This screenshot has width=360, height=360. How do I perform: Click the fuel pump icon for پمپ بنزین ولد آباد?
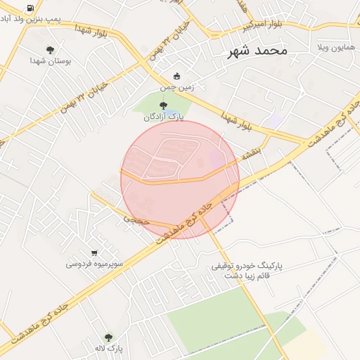(30, 8)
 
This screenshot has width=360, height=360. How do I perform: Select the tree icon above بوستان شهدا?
(50, 49)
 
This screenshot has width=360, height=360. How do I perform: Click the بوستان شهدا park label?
(50, 61)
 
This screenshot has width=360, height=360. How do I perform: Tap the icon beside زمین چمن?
(176, 77)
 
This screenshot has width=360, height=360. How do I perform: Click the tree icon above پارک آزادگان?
(164, 105)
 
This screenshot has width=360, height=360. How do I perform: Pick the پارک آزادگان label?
(163, 117)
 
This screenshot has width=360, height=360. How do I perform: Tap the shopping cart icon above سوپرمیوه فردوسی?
(94, 252)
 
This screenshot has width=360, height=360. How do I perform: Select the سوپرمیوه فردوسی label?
(95, 264)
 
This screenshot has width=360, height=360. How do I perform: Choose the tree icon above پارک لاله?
(108, 337)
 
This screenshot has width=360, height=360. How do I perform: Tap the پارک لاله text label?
(108, 349)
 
